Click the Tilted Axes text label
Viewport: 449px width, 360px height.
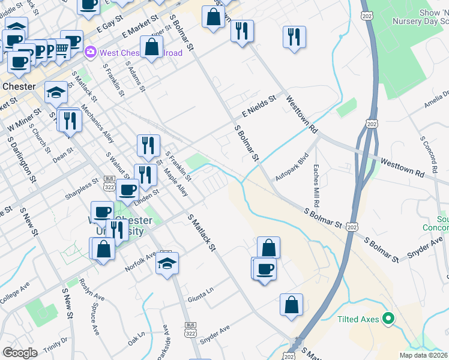358,319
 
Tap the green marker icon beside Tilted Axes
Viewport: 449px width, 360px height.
388,318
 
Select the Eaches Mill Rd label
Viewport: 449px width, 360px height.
316,184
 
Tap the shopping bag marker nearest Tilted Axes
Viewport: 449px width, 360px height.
291,304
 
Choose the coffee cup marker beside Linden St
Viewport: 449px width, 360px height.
127,189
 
